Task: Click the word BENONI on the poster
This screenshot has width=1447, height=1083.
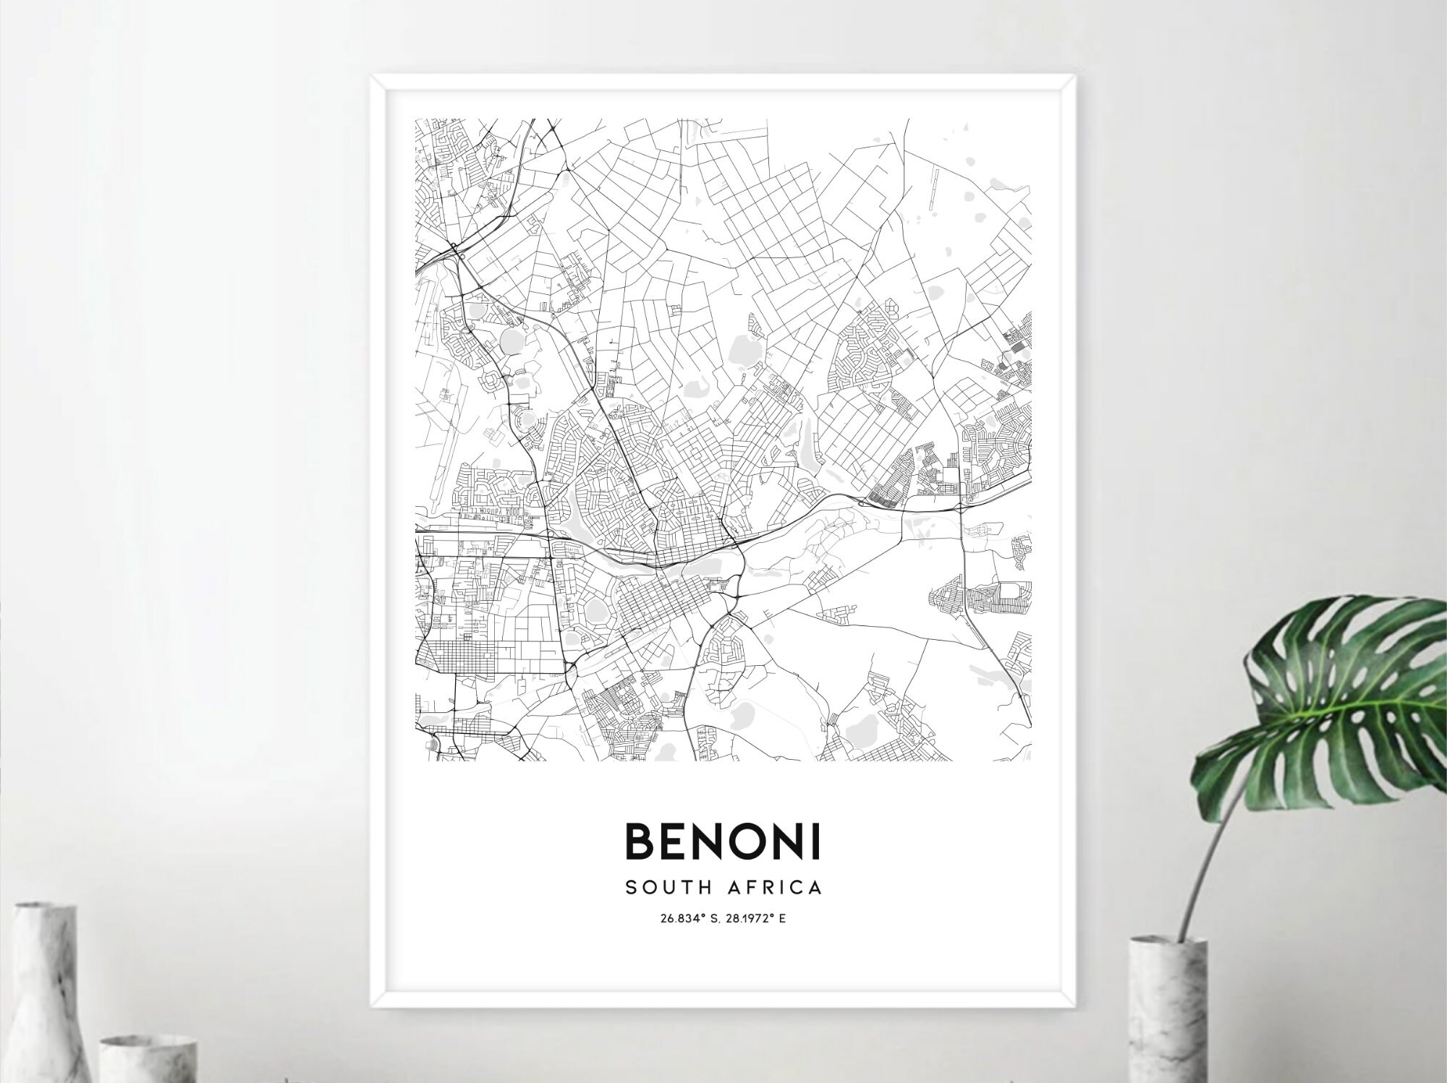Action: tap(723, 842)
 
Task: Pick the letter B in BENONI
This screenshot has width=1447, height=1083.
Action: tap(638, 842)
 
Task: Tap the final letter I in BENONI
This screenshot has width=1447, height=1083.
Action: tap(817, 842)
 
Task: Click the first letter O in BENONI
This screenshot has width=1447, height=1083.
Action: tap(741, 842)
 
